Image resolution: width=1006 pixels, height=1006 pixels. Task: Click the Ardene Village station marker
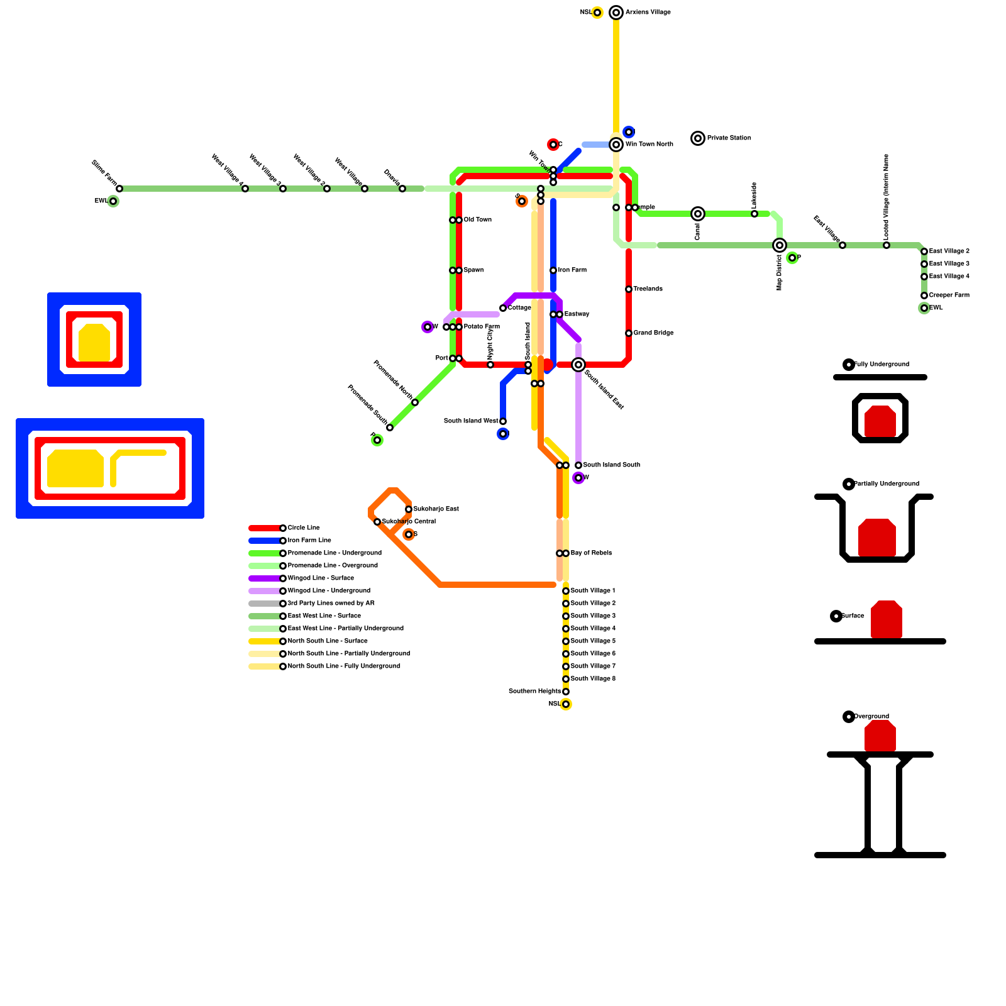[x=616, y=13]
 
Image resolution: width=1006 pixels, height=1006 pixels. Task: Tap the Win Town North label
[x=649, y=145]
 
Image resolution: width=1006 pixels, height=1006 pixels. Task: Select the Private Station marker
[x=698, y=138]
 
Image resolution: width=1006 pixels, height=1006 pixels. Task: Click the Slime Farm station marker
[x=119, y=189]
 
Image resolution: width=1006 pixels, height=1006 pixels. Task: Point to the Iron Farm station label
[x=572, y=270]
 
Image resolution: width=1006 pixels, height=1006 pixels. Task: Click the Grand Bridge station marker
[x=629, y=333]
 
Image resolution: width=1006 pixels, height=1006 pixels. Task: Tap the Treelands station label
[x=648, y=289]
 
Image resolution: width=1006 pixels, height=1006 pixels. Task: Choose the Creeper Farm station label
[x=949, y=296]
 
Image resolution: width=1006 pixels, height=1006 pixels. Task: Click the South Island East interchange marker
[x=578, y=365]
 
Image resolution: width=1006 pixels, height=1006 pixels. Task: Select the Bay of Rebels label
[x=591, y=553]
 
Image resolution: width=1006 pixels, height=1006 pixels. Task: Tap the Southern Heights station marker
[x=566, y=692]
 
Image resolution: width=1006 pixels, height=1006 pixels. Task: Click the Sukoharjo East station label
[x=436, y=509]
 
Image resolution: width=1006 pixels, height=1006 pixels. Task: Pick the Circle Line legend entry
[x=304, y=528]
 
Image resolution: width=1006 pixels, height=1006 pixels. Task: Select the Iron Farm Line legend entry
[x=309, y=541]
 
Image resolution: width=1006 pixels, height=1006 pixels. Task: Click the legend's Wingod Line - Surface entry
[x=321, y=578]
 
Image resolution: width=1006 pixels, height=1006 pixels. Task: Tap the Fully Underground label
[x=882, y=365]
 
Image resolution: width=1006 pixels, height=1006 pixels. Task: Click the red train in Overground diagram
[x=880, y=736]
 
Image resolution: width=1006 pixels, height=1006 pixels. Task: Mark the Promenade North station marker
[x=415, y=402]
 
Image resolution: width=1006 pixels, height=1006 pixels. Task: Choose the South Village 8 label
[x=592, y=679]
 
